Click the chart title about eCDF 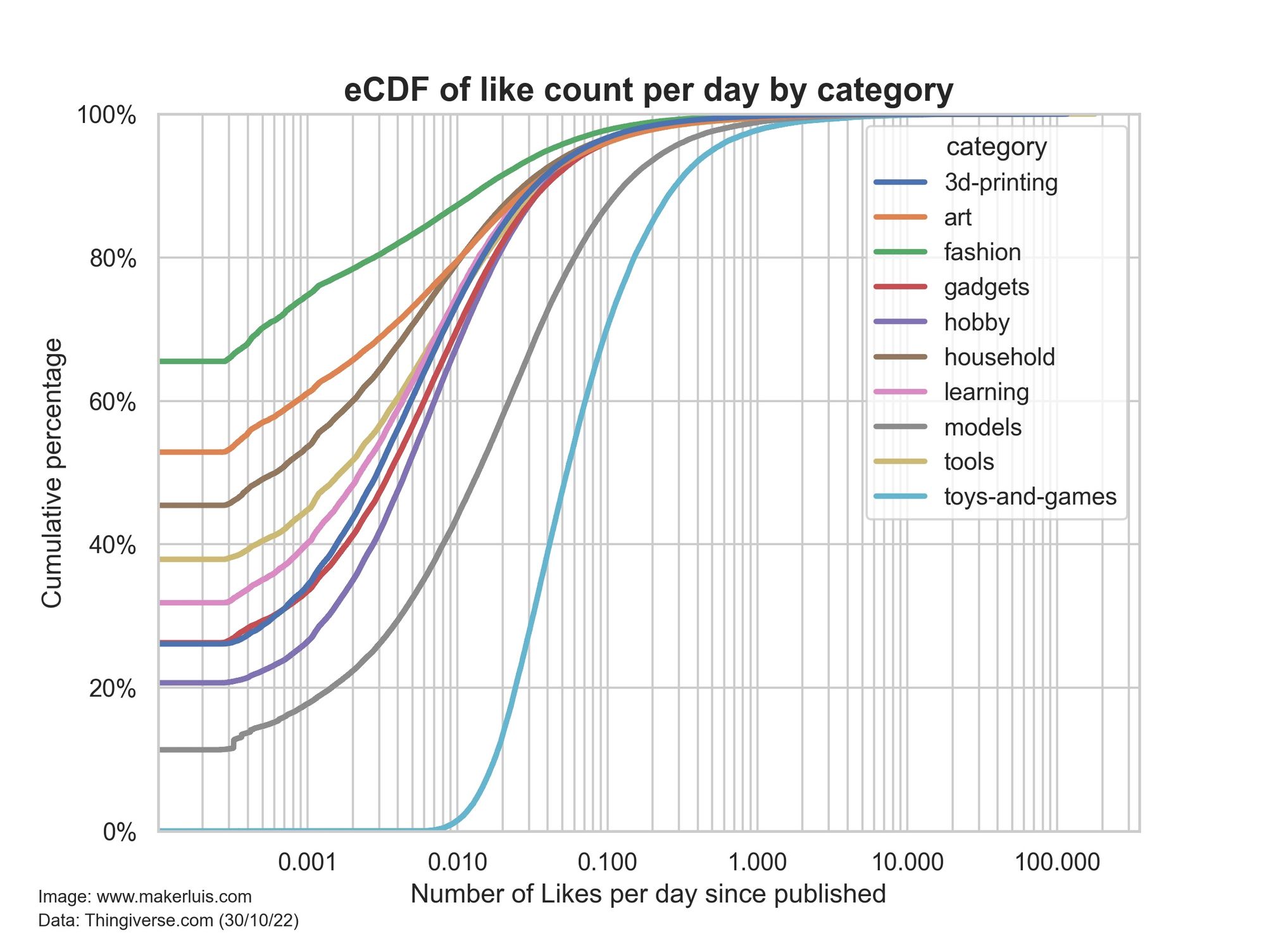click(x=648, y=91)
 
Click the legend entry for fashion click(x=982, y=252)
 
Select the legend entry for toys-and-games click(x=1030, y=497)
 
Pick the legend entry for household click(x=999, y=357)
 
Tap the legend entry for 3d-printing click(x=1000, y=182)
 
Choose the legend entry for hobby click(x=976, y=322)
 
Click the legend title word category click(x=996, y=147)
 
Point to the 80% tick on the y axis click(x=113, y=258)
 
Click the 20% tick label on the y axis click(x=113, y=688)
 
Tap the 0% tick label click(x=120, y=832)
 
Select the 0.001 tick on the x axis click(x=307, y=862)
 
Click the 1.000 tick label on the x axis click(x=757, y=862)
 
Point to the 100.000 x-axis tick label click(x=1057, y=862)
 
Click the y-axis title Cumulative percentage click(x=52, y=473)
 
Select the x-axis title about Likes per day click(x=648, y=894)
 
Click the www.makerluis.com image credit click(x=145, y=897)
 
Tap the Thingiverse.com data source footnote click(x=168, y=920)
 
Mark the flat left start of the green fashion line click(x=190, y=361)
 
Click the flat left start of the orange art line click(x=190, y=452)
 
